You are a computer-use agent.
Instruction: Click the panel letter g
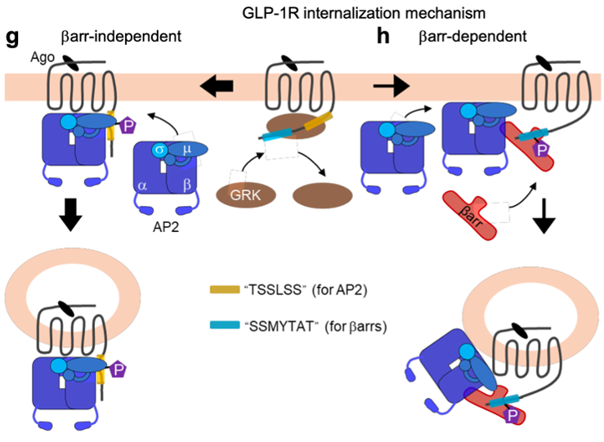tap(12, 36)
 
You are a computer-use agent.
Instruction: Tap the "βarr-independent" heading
tap(121, 36)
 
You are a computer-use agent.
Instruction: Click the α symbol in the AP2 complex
tap(145, 185)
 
